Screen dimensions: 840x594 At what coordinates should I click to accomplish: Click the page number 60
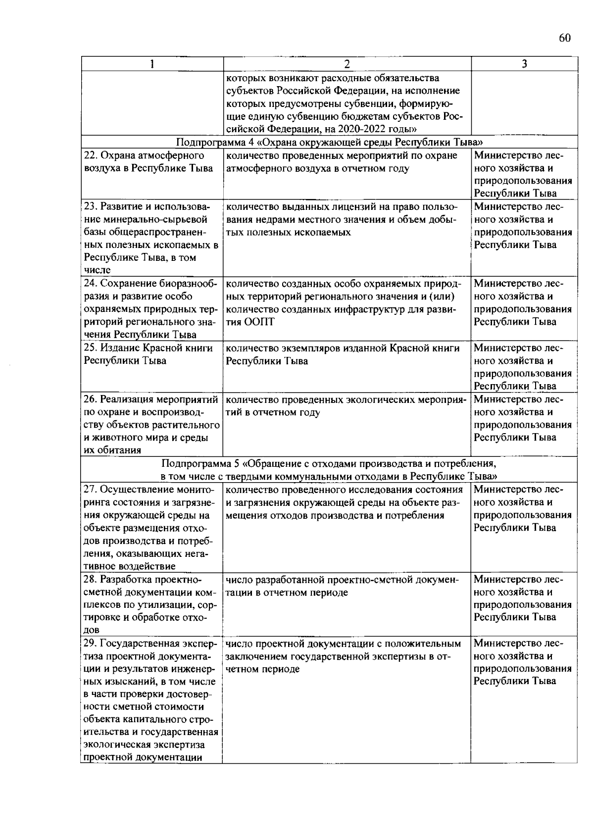(565, 39)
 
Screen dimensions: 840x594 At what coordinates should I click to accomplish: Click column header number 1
(152, 64)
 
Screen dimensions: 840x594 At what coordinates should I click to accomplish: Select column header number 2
(346, 64)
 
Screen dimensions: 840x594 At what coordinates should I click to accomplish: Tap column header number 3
(524, 64)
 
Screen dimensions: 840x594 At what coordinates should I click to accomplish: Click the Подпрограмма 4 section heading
(329, 142)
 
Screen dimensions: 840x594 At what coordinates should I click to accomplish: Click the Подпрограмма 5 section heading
(329, 470)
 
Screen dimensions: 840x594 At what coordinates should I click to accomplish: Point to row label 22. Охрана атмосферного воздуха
(148, 162)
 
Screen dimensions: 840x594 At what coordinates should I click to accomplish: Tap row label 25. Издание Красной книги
(148, 354)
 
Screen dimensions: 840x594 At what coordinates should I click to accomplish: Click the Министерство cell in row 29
(523, 662)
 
